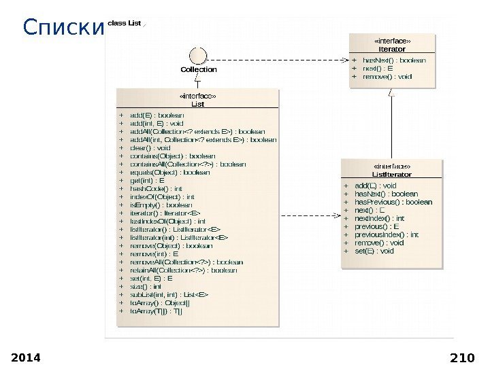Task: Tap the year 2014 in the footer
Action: pyautogui.click(x=27, y=357)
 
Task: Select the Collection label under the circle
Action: pyautogui.click(x=199, y=69)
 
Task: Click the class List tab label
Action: pyautogui.click(x=125, y=23)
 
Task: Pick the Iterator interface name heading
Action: pyautogui.click(x=392, y=49)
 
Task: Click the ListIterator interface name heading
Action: pyautogui.click(x=392, y=174)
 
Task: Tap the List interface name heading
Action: pyautogui.click(x=197, y=104)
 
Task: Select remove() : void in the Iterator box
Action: pyautogui.click(x=387, y=77)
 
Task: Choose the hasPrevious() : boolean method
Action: pyautogui.click(x=393, y=202)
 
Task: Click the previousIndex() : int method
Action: pyautogui.click(x=387, y=234)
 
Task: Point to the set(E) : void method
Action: pyautogui.click(x=374, y=251)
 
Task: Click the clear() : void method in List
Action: pyautogui.click(x=150, y=147)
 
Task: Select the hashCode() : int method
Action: pyautogui.click(x=157, y=188)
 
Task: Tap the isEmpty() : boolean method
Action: pyautogui.click(x=161, y=205)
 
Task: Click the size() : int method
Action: pyautogui.click(x=146, y=286)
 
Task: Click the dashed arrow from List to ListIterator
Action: pyautogui.click(x=313, y=215)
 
